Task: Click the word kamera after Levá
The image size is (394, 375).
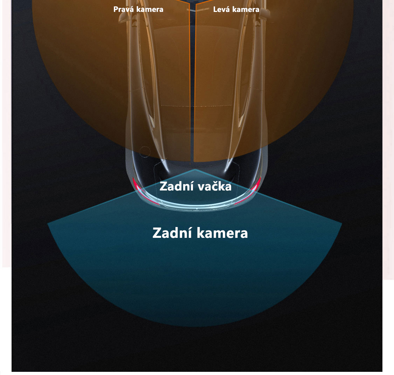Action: click(x=246, y=9)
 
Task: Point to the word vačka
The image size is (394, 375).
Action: click(x=214, y=187)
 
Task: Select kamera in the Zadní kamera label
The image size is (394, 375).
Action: click(x=222, y=233)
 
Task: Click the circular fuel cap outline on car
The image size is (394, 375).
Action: click(x=145, y=152)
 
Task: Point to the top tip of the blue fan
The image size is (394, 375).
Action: click(x=195, y=169)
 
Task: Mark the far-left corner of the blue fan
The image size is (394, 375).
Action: click(x=48, y=223)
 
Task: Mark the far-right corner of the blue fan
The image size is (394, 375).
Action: click(x=341, y=223)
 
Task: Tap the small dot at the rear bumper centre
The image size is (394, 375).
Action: click(x=197, y=209)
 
